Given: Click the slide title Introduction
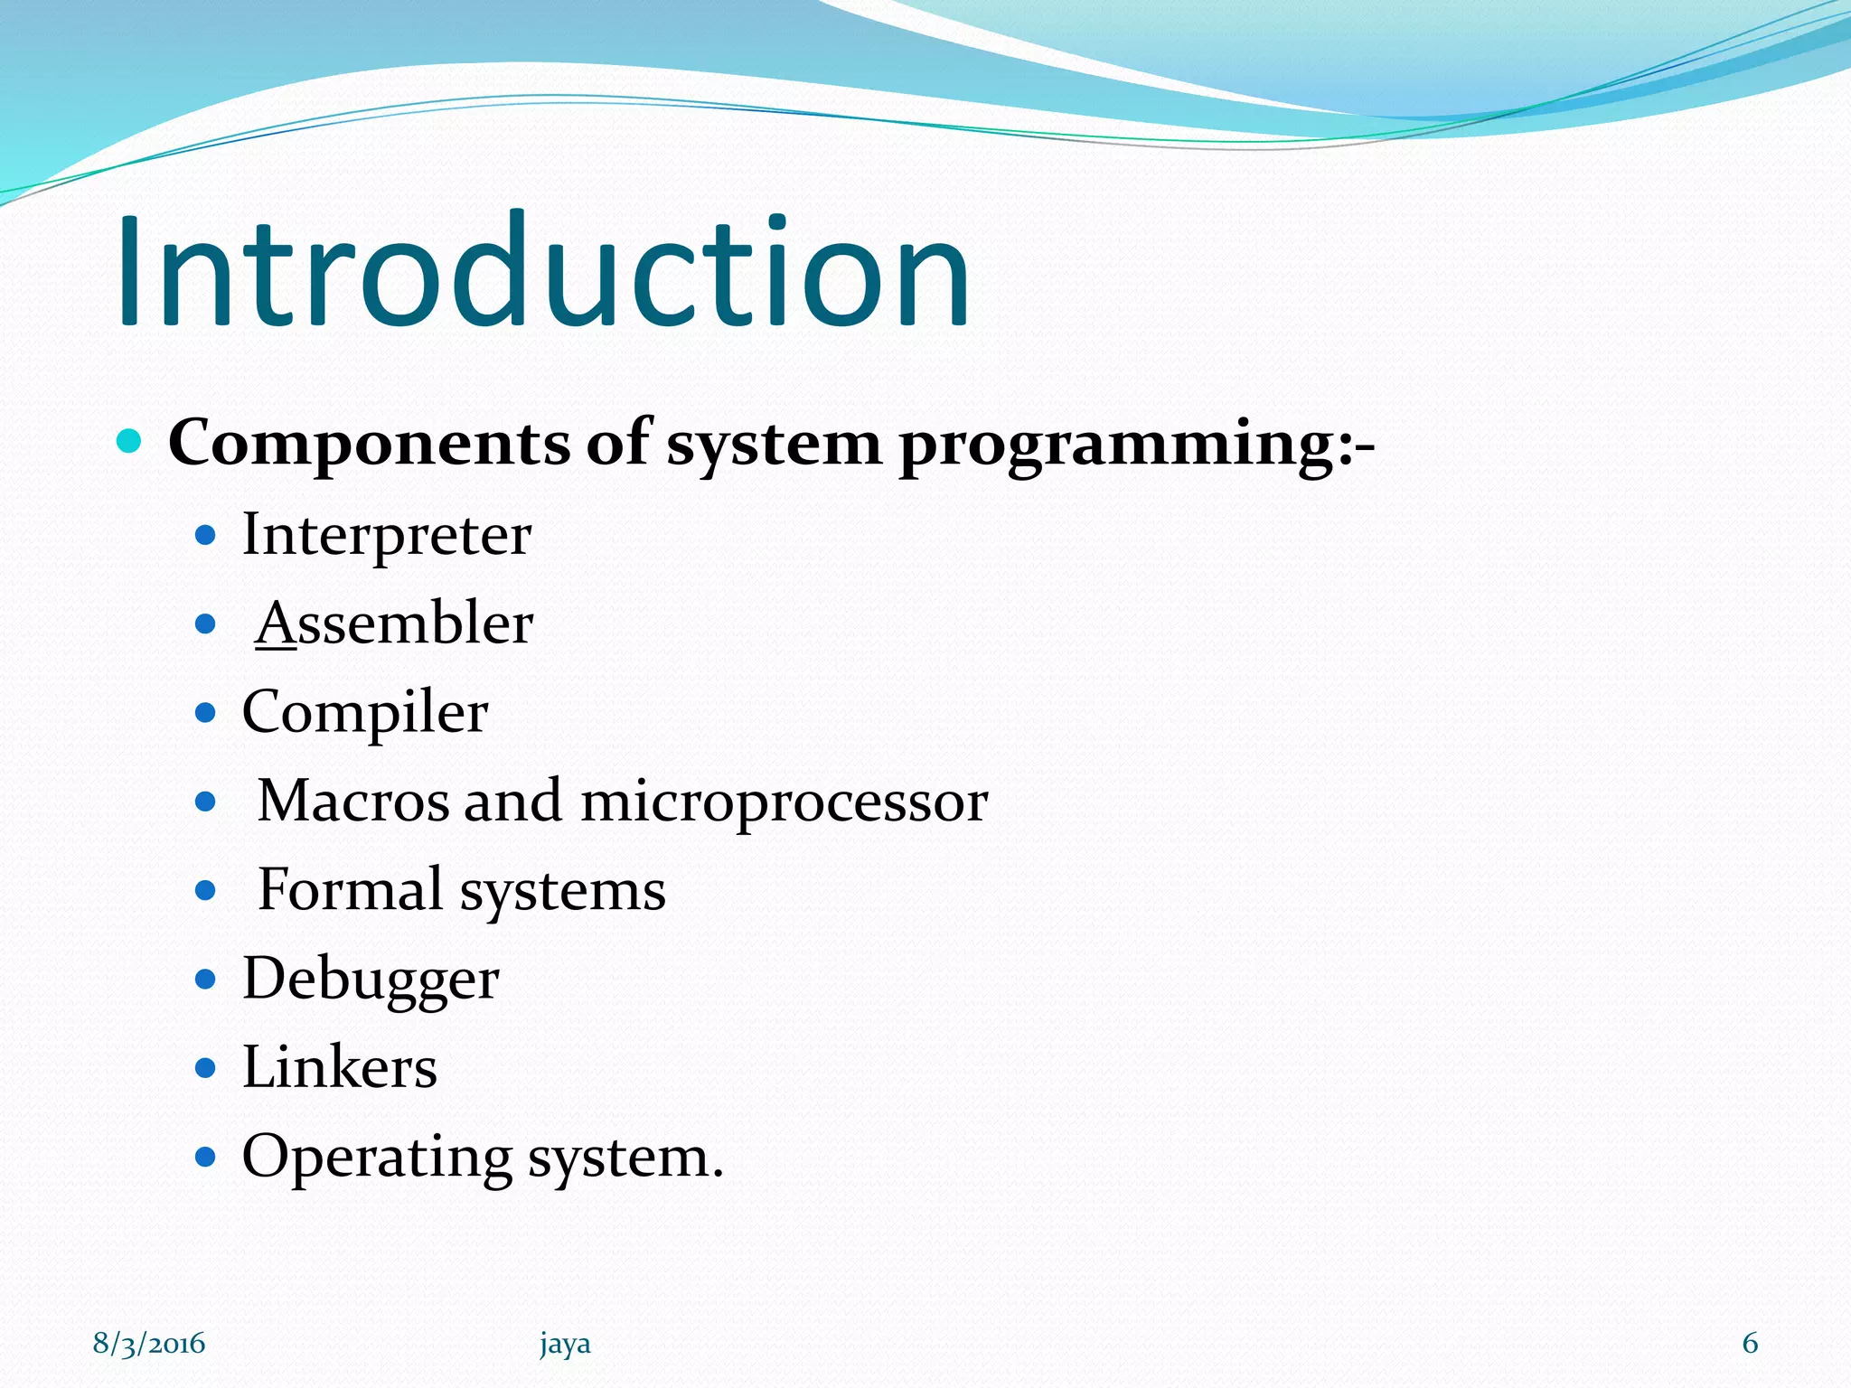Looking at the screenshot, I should tap(542, 271).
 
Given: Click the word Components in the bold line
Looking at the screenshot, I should tap(369, 444).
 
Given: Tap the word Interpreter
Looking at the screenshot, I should tap(387, 535).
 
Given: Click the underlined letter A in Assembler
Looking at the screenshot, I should tap(277, 623).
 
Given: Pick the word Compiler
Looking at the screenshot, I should tap(365, 713).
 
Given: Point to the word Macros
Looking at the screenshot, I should tap(352, 801).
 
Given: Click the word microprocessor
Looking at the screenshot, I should tap(784, 802).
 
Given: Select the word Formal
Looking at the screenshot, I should tap(351, 889).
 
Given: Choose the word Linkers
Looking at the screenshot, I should tap(340, 1067).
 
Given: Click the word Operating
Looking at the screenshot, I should tap(377, 1158).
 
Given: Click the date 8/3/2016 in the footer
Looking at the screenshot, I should tap(149, 1344).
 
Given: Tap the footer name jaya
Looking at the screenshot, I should tap(565, 1345).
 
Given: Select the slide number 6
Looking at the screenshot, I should tap(1750, 1344).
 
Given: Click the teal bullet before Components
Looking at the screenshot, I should tap(129, 442).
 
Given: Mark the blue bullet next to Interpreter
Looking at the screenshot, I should tap(206, 536).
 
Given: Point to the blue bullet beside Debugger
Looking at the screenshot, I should tap(206, 979).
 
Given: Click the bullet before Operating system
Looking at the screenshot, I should tap(206, 1156).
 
